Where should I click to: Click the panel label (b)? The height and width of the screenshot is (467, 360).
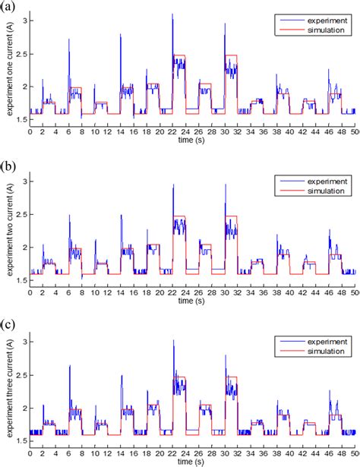[6, 164]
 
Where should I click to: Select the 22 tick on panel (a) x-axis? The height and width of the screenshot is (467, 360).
[173, 131]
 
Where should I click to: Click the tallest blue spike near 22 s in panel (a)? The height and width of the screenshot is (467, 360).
[172, 14]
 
